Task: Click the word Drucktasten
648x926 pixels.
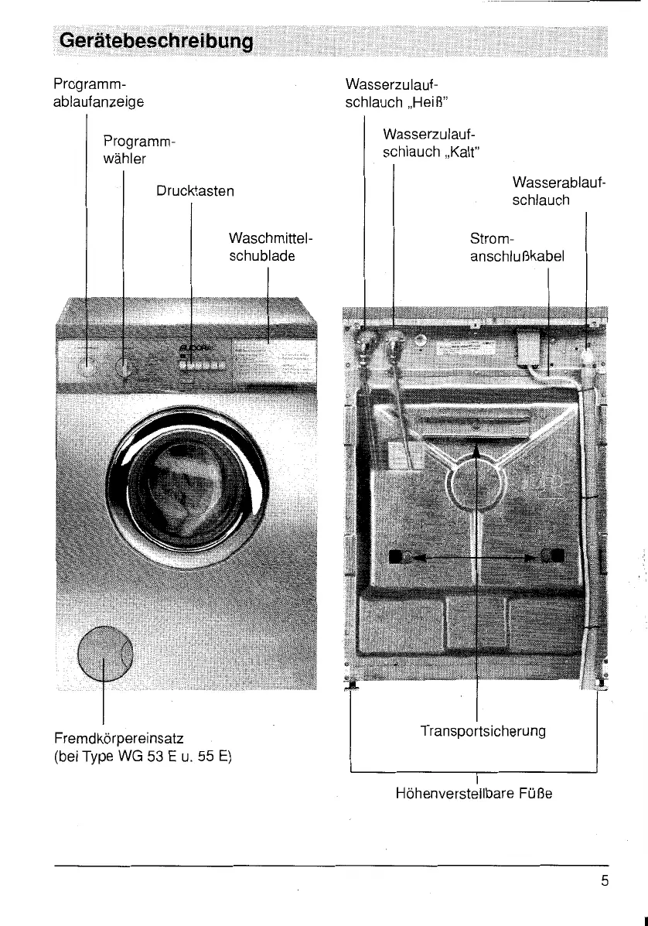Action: (194, 190)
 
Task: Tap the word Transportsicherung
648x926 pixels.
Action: (483, 731)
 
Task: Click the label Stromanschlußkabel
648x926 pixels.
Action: (517, 247)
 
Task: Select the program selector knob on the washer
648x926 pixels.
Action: (124, 367)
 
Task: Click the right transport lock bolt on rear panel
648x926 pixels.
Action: (554, 555)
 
